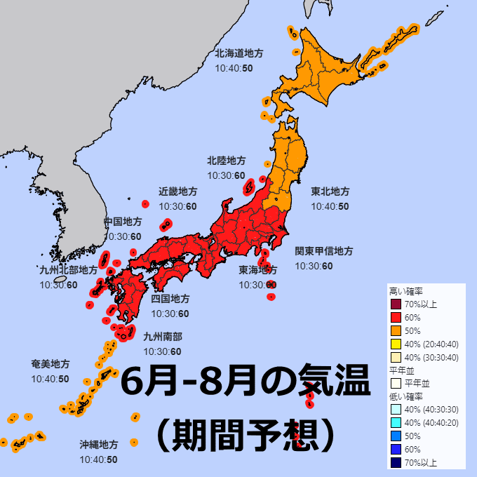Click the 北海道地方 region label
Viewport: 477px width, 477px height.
click(x=238, y=53)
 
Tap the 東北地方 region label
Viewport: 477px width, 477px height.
click(x=330, y=192)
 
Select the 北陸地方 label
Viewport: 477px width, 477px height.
click(x=226, y=161)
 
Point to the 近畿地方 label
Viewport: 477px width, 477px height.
click(x=177, y=192)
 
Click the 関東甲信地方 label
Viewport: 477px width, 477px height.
click(x=323, y=251)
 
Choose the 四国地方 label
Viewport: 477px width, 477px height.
click(x=170, y=299)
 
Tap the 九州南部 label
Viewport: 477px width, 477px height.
click(x=162, y=337)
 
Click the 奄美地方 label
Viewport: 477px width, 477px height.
click(x=50, y=364)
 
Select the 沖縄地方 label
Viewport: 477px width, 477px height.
click(x=98, y=445)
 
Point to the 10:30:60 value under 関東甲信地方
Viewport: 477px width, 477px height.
click(x=314, y=266)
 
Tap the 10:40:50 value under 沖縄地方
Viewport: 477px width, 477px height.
click(x=98, y=459)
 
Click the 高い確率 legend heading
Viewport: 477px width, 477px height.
click(x=406, y=291)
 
